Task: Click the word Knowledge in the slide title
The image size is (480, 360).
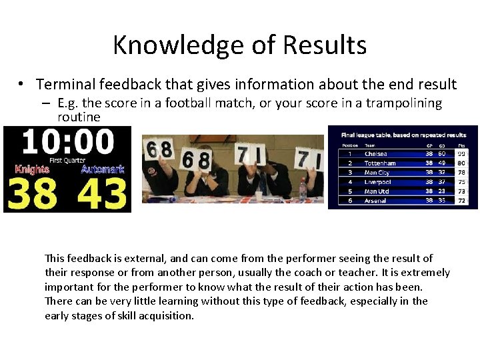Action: pyautogui.click(x=175, y=45)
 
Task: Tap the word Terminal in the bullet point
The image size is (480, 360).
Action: pyautogui.click(x=66, y=85)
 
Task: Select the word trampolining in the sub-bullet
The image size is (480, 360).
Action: pyautogui.click(x=405, y=103)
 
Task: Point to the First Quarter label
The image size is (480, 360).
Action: pyautogui.click(x=67, y=161)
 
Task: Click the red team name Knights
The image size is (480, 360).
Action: pyautogui.click(x=33, y=169)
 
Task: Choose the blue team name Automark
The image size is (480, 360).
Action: pyautogui.click(x=103, y=169)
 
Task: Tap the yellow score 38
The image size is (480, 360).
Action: pyautogui.click(x=33, y=193)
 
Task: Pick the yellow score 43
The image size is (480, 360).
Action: pyautogui.click(x=101, y=193)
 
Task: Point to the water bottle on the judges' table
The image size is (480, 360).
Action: pyautogui.click(x=303, y=189)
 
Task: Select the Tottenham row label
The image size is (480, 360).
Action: pyautogui.click(x=380, y=163)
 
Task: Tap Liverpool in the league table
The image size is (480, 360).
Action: pyautogui.click(x=378, y=182)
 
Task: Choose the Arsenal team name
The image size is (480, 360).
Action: pyautogui.click(x=375, y=201)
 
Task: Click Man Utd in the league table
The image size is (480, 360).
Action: pyautogui.click(x=377, y=191)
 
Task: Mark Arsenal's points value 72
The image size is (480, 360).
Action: pyautogui.click(x=461, y=201)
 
